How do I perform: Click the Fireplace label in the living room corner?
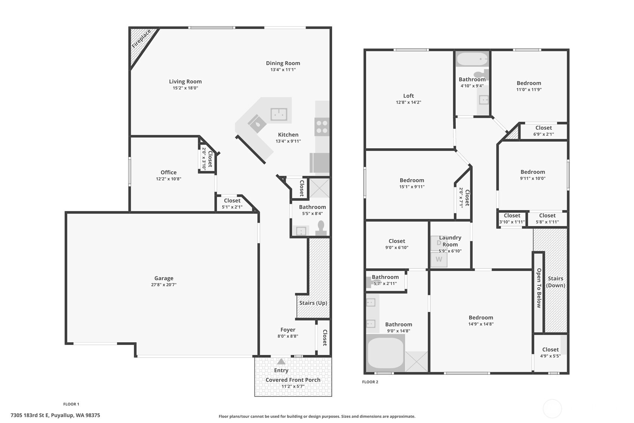click(141, 39)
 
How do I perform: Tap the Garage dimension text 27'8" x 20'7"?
click(164, 285)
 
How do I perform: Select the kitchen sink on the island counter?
click(279, 114)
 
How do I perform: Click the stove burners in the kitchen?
click(322, 126)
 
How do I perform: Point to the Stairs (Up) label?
click(313, 303)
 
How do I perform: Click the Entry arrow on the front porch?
click(281, 362)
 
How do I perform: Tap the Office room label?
click(168, 172)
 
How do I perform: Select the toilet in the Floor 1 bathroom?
click(321, 228)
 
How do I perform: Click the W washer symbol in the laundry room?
click(439, 259)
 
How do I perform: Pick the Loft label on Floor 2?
click(408, 96)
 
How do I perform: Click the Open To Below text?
click(539, 288)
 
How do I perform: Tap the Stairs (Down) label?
click(556, 282)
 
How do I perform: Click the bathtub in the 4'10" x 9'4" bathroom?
click(472, 59)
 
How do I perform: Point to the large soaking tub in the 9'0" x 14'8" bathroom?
click(385, 353)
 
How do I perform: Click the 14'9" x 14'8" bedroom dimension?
click(481, 324)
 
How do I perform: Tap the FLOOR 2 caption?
click(370, 382)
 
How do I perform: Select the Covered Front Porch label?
click(293, 380)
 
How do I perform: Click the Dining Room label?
click(283, 63)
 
